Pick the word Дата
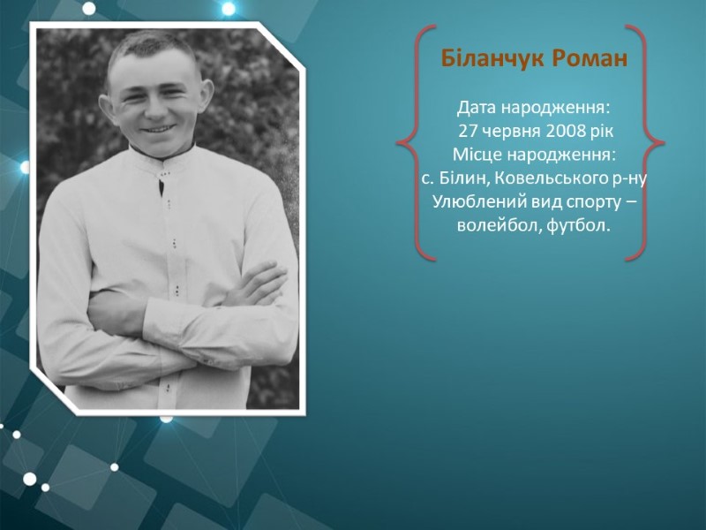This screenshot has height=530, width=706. [x=477, y=108]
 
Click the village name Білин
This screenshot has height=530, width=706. [x=462, y=178]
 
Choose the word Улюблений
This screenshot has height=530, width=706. [x=479, y=202]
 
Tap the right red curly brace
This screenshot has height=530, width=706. [x=644, y=143]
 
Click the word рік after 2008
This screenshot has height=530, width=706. [x=602, y=132]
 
